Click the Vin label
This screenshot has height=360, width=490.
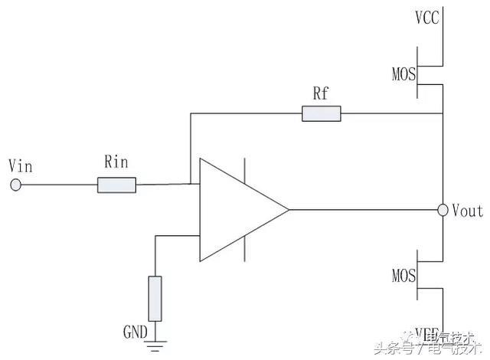[18, 165]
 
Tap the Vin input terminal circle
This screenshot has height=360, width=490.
[15, 184]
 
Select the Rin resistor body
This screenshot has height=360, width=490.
[116, 184]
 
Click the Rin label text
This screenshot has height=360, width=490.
[116, 162]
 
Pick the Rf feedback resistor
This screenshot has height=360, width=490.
[322, 115]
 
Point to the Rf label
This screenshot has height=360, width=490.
[322, 93]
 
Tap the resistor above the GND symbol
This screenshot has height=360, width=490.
[155, 298]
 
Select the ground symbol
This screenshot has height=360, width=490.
[155, 344]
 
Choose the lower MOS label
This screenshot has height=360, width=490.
[403, 273]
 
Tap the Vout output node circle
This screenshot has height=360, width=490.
[443, 209]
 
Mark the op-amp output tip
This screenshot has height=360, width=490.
[287, 209]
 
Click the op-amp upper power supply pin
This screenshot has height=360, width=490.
[245, 170]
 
